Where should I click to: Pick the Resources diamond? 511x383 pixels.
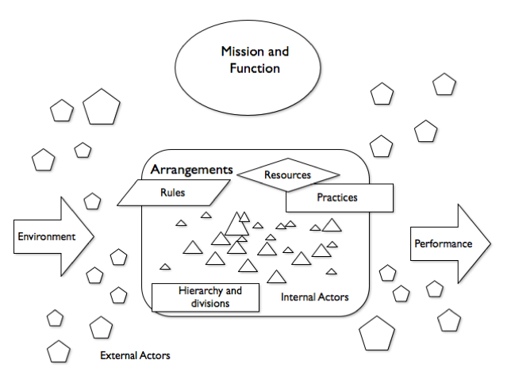pos(288,174)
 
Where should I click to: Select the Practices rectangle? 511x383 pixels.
pos(336,197)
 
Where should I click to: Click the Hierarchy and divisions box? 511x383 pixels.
pos(209,297)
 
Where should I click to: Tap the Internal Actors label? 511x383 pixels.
pos(315,297)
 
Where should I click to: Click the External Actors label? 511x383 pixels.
pos(135,355)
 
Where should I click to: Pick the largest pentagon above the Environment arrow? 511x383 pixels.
pos(102,108)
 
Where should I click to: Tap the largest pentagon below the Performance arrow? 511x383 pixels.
pos(377,334)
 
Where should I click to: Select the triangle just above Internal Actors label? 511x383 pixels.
pos(276,276)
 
